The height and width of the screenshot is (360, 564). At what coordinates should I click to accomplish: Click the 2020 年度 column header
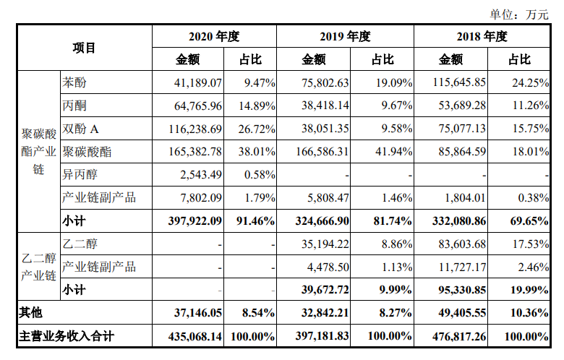[213, 37]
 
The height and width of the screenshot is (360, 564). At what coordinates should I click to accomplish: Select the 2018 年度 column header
[482, 37]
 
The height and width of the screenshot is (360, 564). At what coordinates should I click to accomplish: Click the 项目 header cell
[84, 48]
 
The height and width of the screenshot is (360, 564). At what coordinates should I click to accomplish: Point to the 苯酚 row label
[75, 82]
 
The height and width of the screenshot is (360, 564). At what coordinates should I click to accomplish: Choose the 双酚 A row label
[81, 129]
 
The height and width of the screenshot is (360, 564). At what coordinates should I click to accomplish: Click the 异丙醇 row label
[80, 174]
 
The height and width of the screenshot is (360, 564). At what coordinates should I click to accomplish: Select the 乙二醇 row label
[80, 244]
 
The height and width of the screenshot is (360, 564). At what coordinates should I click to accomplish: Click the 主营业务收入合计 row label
[66, 336]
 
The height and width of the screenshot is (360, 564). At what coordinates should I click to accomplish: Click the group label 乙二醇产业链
[39, 267]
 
